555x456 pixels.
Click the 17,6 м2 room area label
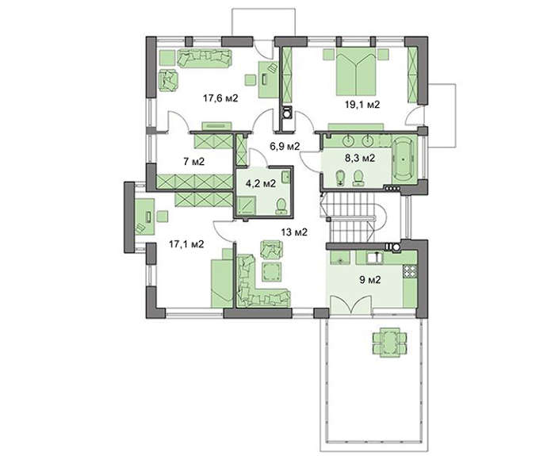[220, 98]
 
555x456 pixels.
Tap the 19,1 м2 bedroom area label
[362, 105]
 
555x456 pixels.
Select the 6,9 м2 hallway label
[285, 146]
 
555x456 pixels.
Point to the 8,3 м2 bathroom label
[360, 158]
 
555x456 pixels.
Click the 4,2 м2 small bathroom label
[261, 183]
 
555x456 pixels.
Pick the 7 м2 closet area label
[193, 162]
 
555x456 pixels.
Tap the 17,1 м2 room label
[186, 244]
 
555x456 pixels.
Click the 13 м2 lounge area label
[294, 232]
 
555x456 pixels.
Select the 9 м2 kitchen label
[370, 280]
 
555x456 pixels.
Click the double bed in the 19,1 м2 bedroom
[356, 71]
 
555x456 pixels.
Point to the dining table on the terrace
[389, 343]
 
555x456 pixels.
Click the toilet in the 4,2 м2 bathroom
[281, 205]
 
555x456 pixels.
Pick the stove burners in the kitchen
[410, 271]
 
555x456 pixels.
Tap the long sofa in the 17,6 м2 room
[205, 58]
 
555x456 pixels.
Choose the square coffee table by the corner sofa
[271, 271]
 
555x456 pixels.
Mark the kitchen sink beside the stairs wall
[373, 258]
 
